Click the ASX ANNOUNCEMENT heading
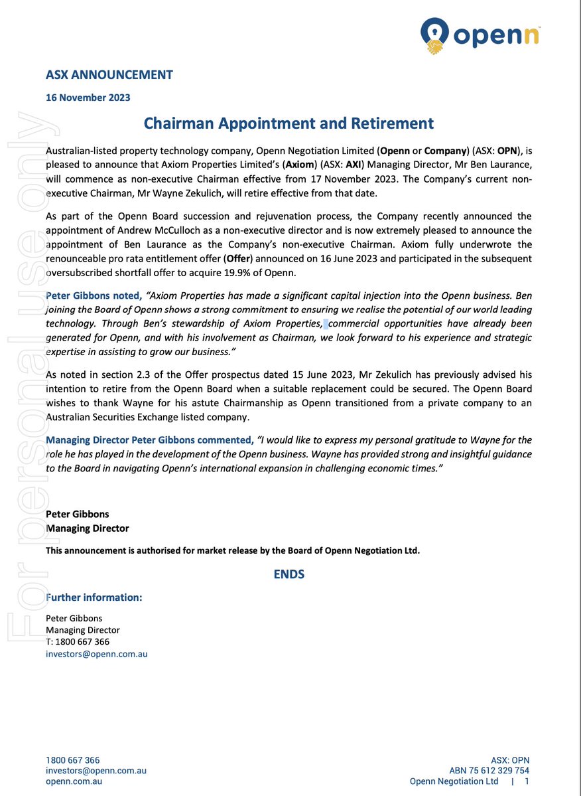click(x=109, y=74)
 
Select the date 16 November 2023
click(x=88, y=98)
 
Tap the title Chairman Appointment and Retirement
click(x=289, y=123)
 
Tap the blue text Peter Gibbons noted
click(x=94, y=295)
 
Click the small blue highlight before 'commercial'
click(x=326, y=324)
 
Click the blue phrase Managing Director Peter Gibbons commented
click(x=149, y=440)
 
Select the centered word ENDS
click(x=289, y=574)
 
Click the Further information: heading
click(x=94, y=597)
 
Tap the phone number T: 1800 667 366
click(x=78, y=642)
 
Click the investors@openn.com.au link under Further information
click(x=96, y=654)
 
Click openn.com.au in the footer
click(x=74, y=782)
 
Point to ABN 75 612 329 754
click(x=489, y=771)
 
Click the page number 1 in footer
click(x=527, y=782)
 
